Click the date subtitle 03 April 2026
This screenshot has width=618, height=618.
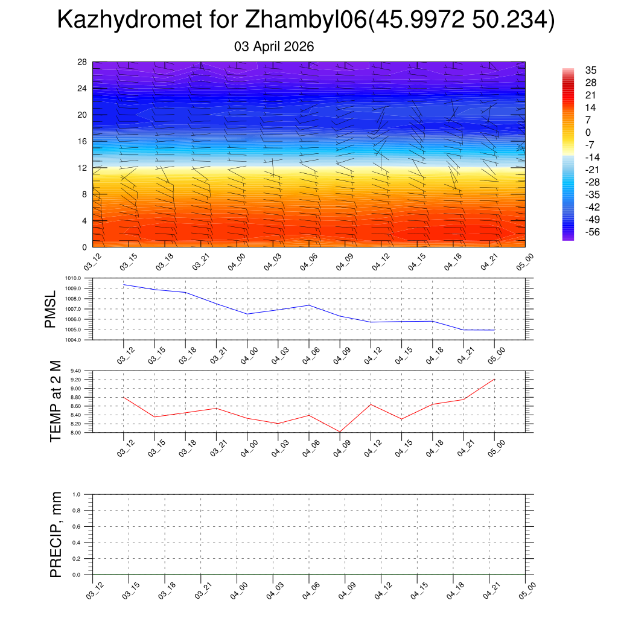pyautogui.click(x=274, y=46)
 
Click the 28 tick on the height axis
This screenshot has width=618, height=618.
pyautogui.click(x=83, y=62)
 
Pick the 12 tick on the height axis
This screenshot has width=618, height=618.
pyautogui.click(x=83, y=168)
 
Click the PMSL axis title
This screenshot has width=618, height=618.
pyautogui.click(x=50, y=309)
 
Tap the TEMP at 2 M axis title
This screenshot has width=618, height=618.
pyautogui.click(x=56, y=401)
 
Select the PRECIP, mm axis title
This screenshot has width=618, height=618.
pyautogui.click(x=56, y=534)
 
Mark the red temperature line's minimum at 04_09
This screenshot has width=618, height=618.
pyautogui.click(x=340, y=432)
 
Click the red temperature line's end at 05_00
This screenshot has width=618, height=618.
pyautogui.click(x=494, y=379)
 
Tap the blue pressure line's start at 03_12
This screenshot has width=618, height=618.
pyautogui.click(x=124, y=284)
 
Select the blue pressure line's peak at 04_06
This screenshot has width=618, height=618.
pyautogui.click(x=309, y=305)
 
